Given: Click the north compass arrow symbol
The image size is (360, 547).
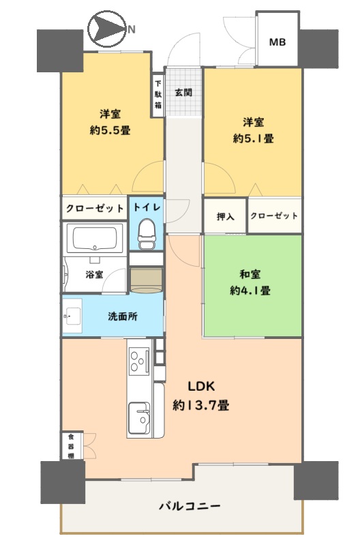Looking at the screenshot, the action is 106,29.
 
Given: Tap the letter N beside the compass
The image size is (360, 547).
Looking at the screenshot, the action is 132,29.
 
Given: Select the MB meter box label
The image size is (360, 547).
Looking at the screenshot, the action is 277,42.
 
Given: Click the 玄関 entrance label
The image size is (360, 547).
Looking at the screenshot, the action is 183,93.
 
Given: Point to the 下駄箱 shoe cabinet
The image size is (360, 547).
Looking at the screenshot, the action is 158,94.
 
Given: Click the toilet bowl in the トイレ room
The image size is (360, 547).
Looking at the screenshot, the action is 147,233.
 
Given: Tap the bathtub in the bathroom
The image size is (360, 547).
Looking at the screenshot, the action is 94,237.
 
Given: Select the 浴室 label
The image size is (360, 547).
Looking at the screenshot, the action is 94,274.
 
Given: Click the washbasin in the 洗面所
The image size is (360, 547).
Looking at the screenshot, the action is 72,316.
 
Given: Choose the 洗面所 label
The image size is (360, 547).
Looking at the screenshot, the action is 123,316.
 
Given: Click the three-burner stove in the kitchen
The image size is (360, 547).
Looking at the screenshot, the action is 139,361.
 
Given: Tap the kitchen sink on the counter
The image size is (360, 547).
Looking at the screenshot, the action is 139,417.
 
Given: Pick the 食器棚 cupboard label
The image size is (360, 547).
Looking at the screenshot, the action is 71,445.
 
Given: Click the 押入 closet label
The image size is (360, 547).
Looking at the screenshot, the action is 226,216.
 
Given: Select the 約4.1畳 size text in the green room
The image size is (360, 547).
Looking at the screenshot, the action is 250,291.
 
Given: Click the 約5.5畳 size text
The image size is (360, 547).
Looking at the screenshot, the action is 110,130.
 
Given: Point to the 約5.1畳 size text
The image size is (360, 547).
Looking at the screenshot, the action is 253,138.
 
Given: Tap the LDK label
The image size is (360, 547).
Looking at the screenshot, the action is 201,386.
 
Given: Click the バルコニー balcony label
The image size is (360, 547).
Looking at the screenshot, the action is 190,505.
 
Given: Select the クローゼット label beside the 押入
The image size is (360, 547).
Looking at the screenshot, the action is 274,216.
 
